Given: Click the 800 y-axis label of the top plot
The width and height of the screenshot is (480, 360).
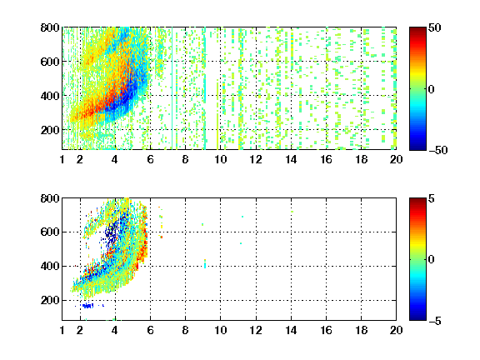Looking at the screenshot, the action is click(x=50, y=27).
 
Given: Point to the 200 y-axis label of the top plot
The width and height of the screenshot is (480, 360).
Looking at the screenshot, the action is click(x=50, y=130).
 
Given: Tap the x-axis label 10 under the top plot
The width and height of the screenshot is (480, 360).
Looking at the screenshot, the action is click(x=220, y=159).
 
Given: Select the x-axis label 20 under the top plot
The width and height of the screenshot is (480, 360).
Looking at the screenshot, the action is click(x=396, y=159).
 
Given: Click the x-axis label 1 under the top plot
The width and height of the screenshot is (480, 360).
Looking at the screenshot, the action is click(x=62, y=159).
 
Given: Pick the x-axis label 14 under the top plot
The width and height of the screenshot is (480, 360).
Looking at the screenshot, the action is click(x=291, y=159).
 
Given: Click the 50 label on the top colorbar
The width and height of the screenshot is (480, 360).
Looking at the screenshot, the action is click(x=434, y=27).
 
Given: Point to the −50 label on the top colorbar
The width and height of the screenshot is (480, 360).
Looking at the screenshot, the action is click(x=437, y=150).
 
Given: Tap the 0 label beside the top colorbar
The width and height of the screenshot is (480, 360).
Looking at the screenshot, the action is click(x=432, y=89).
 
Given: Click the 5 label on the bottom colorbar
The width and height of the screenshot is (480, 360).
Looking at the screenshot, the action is click(x=432, y=198).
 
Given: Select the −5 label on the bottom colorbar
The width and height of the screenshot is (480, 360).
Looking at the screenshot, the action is click(x=435, y=321).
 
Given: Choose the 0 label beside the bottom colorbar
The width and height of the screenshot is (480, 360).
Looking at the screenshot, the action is click(x=432, y=260).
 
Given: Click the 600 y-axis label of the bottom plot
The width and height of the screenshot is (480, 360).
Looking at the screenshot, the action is click(x=50, y=232).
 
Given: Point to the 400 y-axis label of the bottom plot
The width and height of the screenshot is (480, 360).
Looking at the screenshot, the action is click(x=50, y=266).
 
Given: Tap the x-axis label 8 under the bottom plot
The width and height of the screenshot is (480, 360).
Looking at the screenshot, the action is click(x=185, y=330).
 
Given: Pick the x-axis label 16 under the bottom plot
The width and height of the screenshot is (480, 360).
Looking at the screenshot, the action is click(x=326, y=330).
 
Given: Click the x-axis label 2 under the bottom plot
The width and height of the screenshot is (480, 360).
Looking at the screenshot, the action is click(x=80, y=330).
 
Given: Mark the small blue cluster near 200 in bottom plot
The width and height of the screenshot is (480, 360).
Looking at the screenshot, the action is click(x=87, y=305).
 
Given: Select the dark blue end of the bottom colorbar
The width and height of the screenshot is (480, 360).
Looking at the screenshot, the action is click(x=417, y=318).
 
